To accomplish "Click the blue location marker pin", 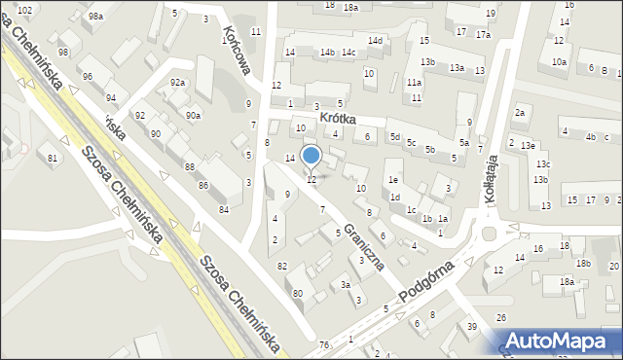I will (311, 156).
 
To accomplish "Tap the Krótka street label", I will (335, 119).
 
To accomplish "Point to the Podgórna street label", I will (429, 281).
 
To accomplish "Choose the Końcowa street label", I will (237, 50).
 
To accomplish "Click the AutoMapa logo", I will (567, 341).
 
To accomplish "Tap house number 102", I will (25, 10).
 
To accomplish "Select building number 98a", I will (95, 17).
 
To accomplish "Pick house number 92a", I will (177, 83).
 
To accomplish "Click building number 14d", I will (375, 41).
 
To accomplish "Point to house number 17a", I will (483, 34).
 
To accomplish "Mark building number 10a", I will (559, 62).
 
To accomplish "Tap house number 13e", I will (528, 145).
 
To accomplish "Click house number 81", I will (53, 158).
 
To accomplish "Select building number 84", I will (224, 209).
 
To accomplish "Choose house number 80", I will (297, 293).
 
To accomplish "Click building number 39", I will (471, 326).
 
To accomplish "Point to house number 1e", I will (393, 180).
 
